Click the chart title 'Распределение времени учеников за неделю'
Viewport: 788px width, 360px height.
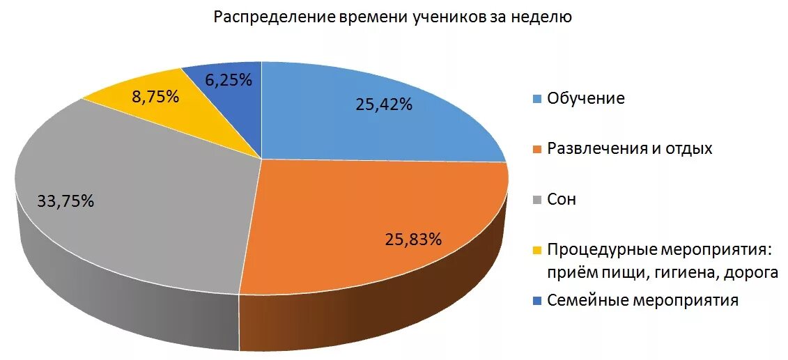pyautogui.click(x=392, y=17)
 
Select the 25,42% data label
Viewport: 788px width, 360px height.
pyautogui.click(x=384, y=105)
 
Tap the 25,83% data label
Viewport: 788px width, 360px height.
pyautogui.click(x=413, y=240)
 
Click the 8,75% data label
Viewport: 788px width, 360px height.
pyautogui.click(x=155, y=97)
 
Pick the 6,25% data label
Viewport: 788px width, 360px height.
pyautogui.click(x=228, y=80)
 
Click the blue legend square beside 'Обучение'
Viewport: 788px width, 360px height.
pyautogui.click(x=536, y=99)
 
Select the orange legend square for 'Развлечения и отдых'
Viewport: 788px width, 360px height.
pyautogui.click(x=536, y=149)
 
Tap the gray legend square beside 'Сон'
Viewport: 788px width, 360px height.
pyautogui.click(x=536, y=201)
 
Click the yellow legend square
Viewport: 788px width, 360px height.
pyautogui.click(x=536, y=250)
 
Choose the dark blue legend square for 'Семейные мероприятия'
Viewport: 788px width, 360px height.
pyautogui.click(x=536, y=301)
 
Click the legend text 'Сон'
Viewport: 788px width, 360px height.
pyautogui.click(x=562, y=201)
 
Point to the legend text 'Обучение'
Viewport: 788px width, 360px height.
pyautogui.click(x=586, y=99)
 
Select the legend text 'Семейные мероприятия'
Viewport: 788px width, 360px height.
pyautogui.click(x=642, y=301)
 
